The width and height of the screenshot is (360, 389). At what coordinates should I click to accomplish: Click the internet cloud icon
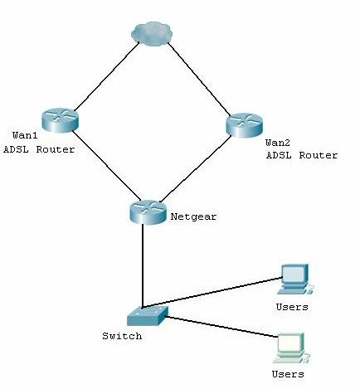tap(153, 33)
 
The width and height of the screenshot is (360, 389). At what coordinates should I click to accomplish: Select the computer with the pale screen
tap(289, 347)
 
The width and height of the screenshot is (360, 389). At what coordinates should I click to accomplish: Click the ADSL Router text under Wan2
tap(301, 155)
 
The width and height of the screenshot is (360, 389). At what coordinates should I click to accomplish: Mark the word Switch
tap(122, 336)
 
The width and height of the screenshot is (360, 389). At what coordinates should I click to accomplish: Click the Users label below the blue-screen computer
tap(291, 307)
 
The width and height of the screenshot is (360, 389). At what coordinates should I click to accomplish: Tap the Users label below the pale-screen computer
tap(287, 374)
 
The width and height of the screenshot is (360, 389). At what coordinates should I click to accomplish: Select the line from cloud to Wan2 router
tap(199, 78)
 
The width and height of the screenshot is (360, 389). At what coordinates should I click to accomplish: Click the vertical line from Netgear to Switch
tap(144, 265)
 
